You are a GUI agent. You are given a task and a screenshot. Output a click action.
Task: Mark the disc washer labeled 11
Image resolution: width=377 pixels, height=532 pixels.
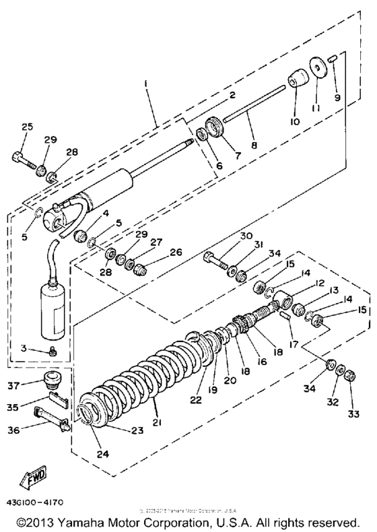[317, 70]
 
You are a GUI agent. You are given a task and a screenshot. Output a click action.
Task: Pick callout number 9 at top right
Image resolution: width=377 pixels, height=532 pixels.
[337, 97]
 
